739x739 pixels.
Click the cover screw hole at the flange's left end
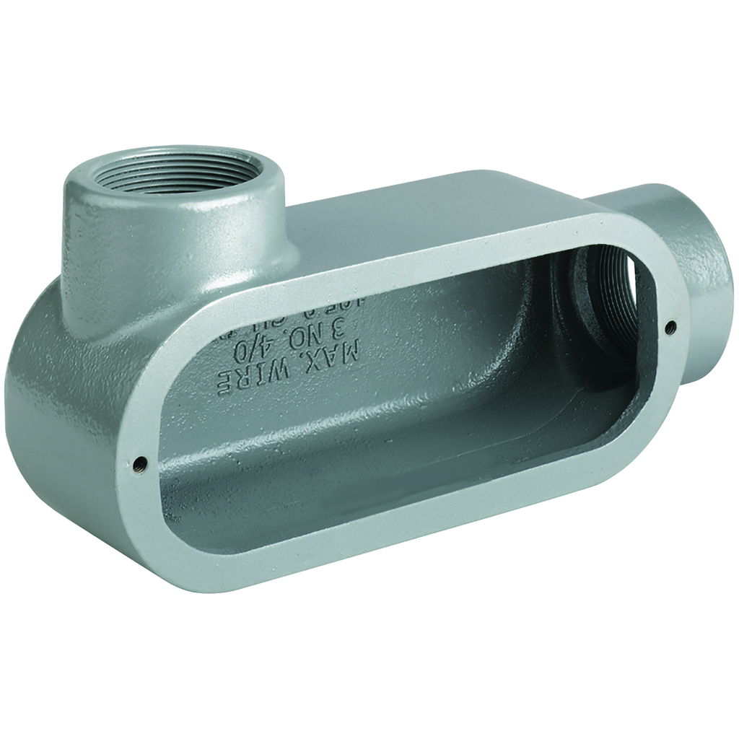tap(140, 461)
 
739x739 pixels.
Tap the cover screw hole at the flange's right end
tap(670, 326)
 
